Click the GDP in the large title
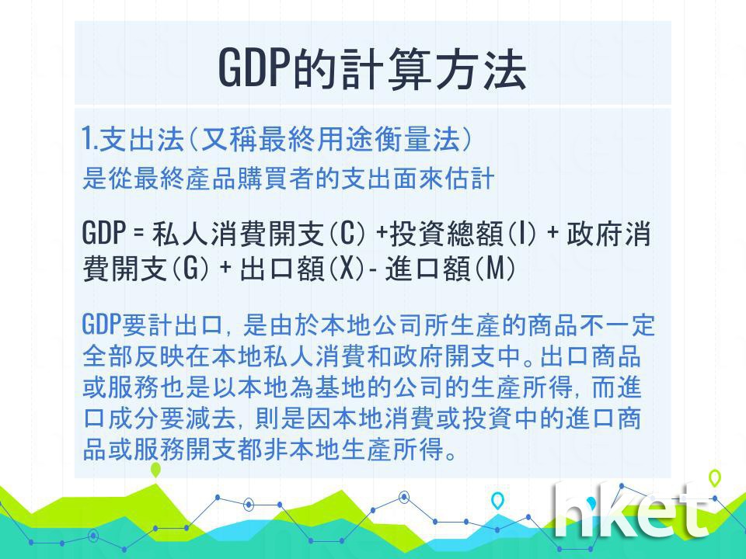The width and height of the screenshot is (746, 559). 255,68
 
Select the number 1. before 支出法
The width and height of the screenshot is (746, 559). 89,139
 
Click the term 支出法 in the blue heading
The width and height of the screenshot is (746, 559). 141,139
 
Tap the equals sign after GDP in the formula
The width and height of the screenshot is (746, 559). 138,234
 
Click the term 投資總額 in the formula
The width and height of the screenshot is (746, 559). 446,234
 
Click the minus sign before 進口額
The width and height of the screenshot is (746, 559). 373,270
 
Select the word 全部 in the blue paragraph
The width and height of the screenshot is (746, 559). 107,356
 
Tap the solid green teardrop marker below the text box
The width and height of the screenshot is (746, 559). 155,470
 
